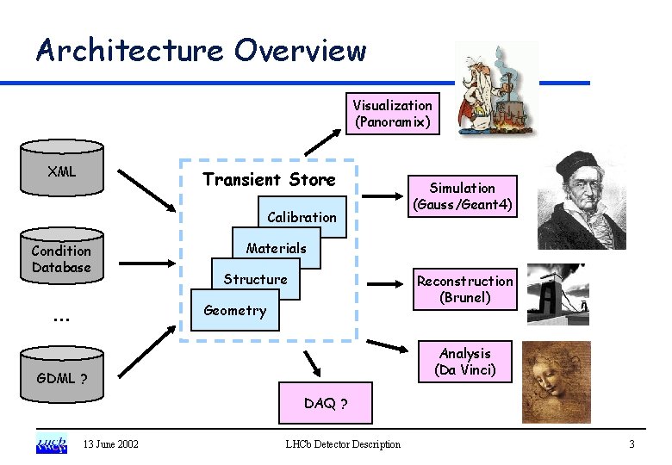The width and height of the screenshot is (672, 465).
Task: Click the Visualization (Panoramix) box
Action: [x=392, y=114]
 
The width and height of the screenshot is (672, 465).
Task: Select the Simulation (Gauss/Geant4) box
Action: [x=463, y=196]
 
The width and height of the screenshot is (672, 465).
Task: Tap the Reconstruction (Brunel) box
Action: [x=464, y=289]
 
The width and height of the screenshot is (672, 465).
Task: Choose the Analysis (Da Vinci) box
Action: [x=464, y=362]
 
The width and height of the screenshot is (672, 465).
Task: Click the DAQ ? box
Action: [x=326, y=404]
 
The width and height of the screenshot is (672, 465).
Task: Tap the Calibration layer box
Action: [x=301, y=217]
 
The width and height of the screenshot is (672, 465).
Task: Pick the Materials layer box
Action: [x=276, y=248]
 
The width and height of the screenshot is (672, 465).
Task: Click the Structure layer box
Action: [x=255, y=279]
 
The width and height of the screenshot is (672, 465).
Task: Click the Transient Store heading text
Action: [x=268, y=180]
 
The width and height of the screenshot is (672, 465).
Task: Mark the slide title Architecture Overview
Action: [x=201, y=50]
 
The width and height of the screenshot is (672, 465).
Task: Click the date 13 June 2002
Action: [x=111, y=444]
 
